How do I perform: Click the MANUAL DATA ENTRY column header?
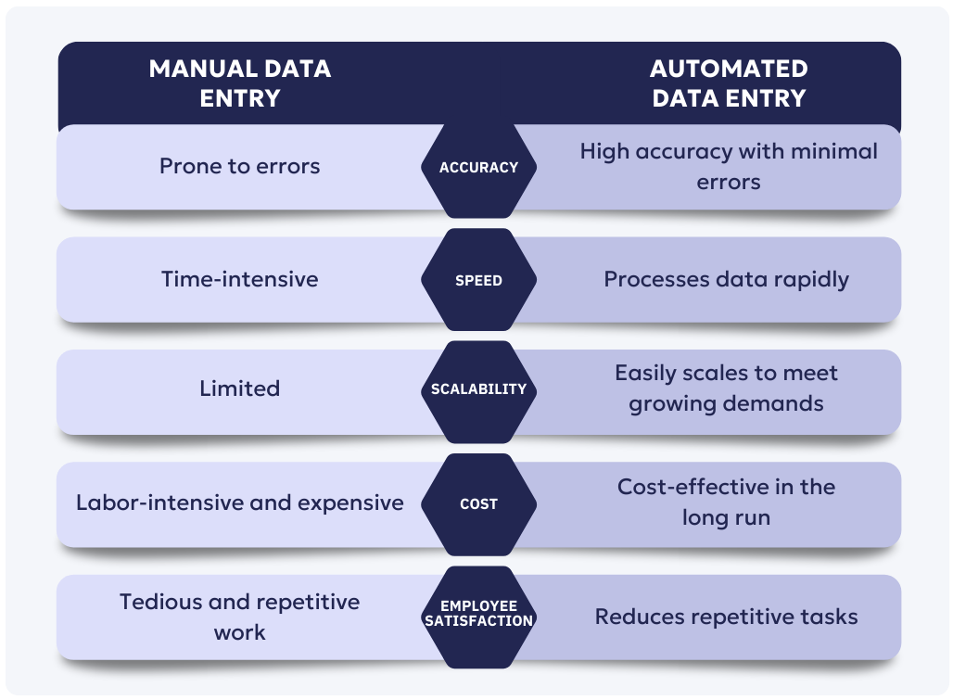[x=239, y=83]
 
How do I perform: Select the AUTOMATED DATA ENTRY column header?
[x=729, y=83]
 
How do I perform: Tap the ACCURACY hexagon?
[x=478, y=168]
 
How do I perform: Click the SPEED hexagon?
[x=478, y=280]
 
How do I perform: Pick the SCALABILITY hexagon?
[x=478, y=389]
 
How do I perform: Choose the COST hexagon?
[x=478, y=504]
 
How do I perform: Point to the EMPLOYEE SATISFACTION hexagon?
[x=478, y=613]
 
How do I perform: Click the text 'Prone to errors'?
[x=239, y=166]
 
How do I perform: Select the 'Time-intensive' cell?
[x=239, y=279]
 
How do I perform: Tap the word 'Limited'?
[x=239, y=388]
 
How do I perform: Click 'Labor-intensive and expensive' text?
[x=239, y=503]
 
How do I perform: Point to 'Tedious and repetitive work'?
[x=239, y=617]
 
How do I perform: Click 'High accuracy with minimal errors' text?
[x=729, y=166]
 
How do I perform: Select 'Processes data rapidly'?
[x=726, y=279]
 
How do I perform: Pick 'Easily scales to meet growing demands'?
[x=726, y=388]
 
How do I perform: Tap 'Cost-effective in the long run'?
[x=726, y=502]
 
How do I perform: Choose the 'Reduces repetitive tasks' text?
[x=726, y=617]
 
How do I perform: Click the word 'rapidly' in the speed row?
[x=810, y=280]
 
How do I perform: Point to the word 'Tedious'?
[x=160, y=602]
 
